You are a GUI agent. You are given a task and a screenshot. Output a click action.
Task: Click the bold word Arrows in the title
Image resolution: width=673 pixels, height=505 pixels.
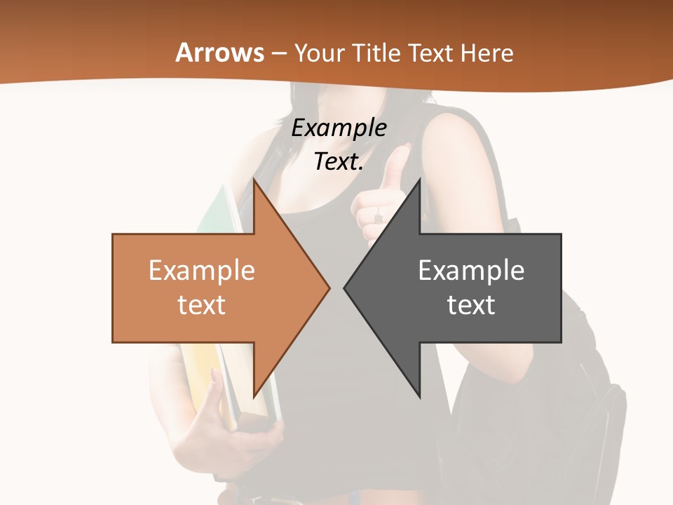220,53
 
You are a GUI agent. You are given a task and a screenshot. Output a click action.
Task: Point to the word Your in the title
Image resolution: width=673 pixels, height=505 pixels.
319,53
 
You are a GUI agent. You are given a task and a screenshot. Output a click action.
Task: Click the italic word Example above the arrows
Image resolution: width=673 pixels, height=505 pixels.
339,128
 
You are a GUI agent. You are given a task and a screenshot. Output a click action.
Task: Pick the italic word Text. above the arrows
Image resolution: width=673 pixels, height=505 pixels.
339,161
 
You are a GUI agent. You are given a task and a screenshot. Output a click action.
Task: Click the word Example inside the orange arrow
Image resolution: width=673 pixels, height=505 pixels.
202,270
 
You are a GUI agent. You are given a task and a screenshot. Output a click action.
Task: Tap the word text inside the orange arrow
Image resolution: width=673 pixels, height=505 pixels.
202,304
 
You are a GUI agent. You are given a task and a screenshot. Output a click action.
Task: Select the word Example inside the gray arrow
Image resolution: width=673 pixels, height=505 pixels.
471,270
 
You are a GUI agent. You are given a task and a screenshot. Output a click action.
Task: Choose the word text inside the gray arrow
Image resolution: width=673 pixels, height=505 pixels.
471,304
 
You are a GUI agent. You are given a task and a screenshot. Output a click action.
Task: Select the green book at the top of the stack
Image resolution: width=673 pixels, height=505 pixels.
217,210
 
